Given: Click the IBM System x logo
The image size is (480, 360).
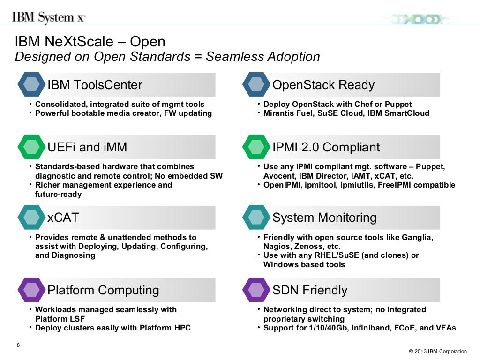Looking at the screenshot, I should pyautogui.click(x=48, y=18).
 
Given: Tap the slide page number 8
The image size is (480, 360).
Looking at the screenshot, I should pyautogui.click(x=18, y=345).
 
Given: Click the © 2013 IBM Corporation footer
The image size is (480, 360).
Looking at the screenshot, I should pyautogui.click(x=437, y=351).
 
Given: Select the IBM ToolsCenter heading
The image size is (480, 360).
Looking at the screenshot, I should pyautogui.click(x=95, y=85).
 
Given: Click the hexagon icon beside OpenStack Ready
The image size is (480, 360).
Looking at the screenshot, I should pyautogui.click(x=256, y=84).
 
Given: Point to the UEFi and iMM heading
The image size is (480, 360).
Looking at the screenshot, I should pyautogui.click(x=87, y=147).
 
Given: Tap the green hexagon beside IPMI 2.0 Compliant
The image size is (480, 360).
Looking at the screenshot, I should pyautogui.click(x=256, y=147).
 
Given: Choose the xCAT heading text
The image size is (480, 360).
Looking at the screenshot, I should pyautogui.click(x=63, y=217).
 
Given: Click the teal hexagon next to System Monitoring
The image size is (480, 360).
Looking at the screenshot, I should pyautogui.click(x=256, y=217).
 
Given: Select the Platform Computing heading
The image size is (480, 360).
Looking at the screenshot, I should pyautogui.click(x=103, y=290).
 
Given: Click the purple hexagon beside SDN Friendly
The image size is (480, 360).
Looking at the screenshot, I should pyautogui.click(x=256, y=290).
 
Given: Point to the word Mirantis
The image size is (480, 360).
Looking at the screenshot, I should pyautogui.click(x=279, y=113).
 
